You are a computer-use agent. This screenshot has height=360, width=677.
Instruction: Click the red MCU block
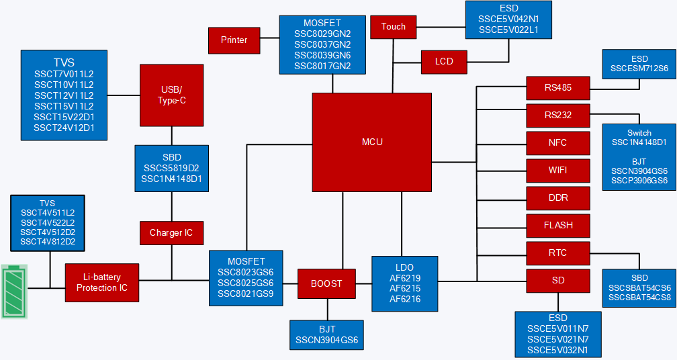click(371, 142)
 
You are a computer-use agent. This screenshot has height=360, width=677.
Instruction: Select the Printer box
click(234, 40)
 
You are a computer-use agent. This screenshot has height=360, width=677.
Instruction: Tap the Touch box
click(394, 27)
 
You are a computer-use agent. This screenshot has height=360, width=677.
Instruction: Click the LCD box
click(444, 62)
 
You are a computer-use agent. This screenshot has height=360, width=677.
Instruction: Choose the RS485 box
click(558, 88)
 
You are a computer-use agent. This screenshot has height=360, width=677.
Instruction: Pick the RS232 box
click(558, 116)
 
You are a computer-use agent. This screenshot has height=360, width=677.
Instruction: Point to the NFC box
click(558, 143)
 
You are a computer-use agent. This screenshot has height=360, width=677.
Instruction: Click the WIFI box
click(558, 171)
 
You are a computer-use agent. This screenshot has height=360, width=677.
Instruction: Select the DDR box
click(558, 198)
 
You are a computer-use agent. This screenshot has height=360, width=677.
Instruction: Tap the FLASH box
click(558, 226)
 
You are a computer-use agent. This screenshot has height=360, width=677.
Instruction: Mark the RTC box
click(558, 253)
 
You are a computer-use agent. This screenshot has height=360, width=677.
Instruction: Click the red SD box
click(558, 281)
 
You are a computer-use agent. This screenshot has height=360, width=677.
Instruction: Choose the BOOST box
click(326, 283)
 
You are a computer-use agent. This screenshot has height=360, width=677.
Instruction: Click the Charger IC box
click(171, 233)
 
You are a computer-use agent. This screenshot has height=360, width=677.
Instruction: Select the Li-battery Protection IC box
click(102, 283)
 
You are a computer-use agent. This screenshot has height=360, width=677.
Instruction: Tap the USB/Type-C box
click(171, 95)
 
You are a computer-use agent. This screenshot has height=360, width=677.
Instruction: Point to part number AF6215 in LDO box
click(404, 288)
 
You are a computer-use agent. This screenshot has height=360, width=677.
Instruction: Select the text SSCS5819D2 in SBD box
click(171, 169)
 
